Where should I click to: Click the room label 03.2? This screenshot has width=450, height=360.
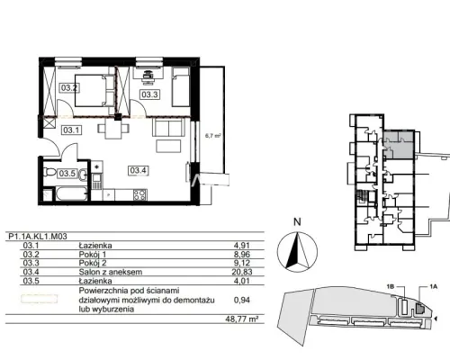click(69, 88)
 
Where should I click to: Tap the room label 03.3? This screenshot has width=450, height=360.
click(149, 94)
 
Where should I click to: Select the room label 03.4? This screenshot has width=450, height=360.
click(139, 170)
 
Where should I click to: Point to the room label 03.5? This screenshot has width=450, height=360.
click(67, 174)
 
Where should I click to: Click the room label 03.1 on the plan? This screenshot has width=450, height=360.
click(71, 130)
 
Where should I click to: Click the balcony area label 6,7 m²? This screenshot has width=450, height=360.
click(213, 136)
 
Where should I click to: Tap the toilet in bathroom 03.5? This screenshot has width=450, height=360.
click(49, 172)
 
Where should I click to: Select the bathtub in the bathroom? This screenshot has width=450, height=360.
click(71, 193)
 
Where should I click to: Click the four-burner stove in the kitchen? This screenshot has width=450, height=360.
click(140, 194)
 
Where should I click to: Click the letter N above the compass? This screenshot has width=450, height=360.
click(297, 222)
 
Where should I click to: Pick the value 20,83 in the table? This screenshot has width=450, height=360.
click(242, 272)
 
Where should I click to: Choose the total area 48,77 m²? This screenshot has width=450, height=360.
click(242, 319)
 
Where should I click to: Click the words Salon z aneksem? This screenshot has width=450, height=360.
click(111, 272)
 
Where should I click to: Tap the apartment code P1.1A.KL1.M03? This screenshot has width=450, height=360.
click(38, 237)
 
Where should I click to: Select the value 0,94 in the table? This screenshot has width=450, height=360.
click(242, 300)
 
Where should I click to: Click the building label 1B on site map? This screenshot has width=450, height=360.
click(390, 287)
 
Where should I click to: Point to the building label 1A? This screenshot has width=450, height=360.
click(433, 287)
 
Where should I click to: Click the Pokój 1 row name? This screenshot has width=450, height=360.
click(93, 255)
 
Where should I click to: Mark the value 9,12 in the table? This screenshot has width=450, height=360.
click(242, 263)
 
